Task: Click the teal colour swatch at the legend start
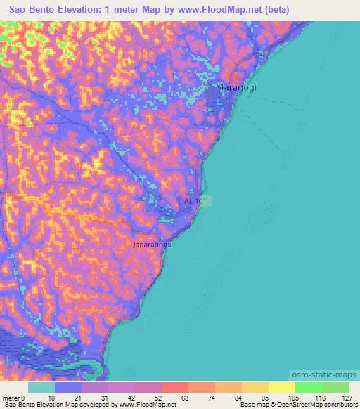(x=41, y=387)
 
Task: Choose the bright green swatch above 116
(x=309, y=387)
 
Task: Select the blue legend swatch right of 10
(x=68, y=387)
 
